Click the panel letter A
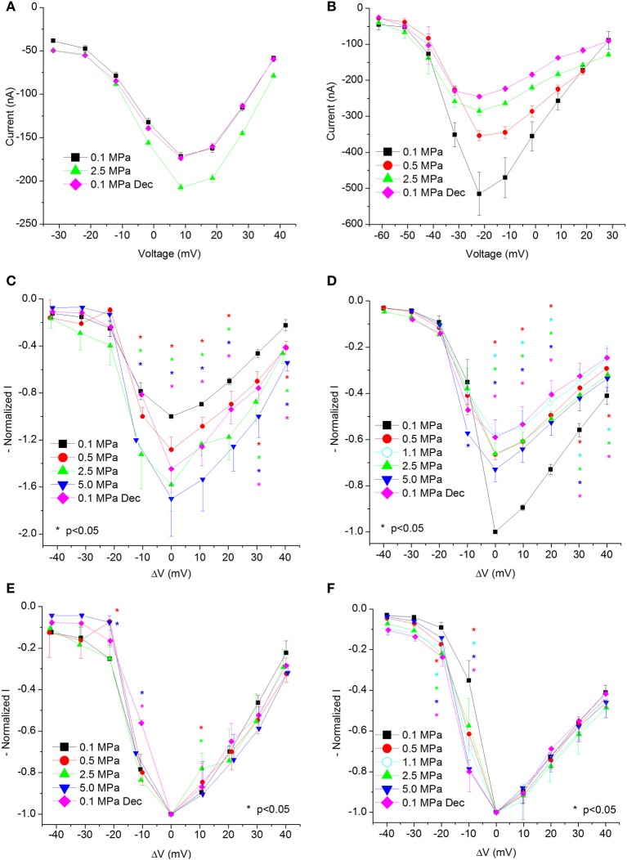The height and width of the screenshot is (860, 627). [x=7, y=10]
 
